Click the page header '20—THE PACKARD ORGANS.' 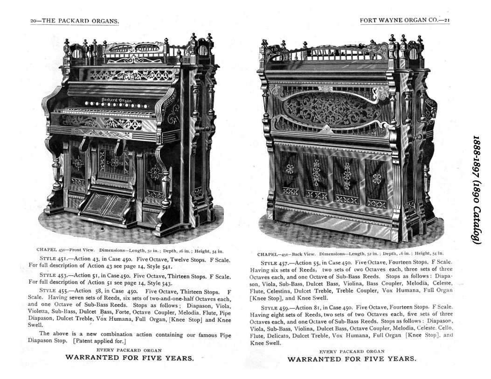pyautogui.click(x=75, y=21)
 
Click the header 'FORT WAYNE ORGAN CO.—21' pyautogui.click(x=405, y=21)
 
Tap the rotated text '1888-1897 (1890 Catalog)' pyautogui.click(x=477, y=189)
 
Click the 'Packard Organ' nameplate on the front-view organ pyautogui.click(x=117, y=100)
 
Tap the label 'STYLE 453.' pyautogui.click(x=53, y=276)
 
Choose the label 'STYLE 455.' pyautogui.click(x=53, y=291)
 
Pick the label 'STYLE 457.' pyautogui.click(x=274, y=263)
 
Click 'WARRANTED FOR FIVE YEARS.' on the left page pyautogui.click(x=130, y=358)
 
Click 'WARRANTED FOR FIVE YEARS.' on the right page pyautogui.click(x=352, y=359)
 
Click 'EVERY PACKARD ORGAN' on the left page pyautogui.click(x=129, y=350)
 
